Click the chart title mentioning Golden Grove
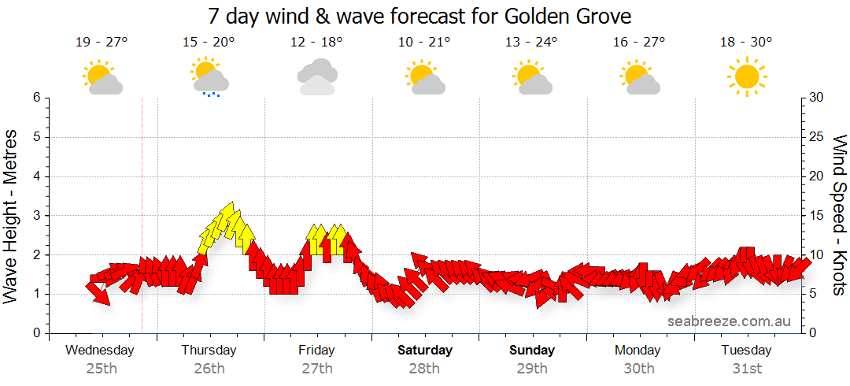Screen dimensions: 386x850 pos(420,16)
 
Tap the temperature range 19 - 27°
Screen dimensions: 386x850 pos(102,43)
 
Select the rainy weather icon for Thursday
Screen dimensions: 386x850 pos(209,77)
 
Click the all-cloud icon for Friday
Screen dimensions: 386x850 pos(317,76)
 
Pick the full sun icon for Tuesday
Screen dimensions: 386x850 pos(746,76)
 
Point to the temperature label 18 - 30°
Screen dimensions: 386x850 pos(746,43)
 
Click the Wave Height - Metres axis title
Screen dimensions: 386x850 pos(12,216)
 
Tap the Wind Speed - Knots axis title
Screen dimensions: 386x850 pos(838,216)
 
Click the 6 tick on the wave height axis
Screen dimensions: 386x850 pos(36,98)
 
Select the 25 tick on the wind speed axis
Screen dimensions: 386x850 pos(817,137)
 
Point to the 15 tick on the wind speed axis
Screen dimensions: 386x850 pos(817,216)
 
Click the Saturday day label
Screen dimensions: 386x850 pos(425,350)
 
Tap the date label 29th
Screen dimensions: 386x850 pos(532,368)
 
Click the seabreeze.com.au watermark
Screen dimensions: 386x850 pos(729,321)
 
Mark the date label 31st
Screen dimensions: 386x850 pos(747,368)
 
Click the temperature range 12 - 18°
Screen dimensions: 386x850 pos(316,43)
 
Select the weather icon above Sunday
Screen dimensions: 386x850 pos(534,77)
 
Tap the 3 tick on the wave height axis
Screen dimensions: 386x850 pos(36,216)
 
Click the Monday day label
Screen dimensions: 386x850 pos(638,350)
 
